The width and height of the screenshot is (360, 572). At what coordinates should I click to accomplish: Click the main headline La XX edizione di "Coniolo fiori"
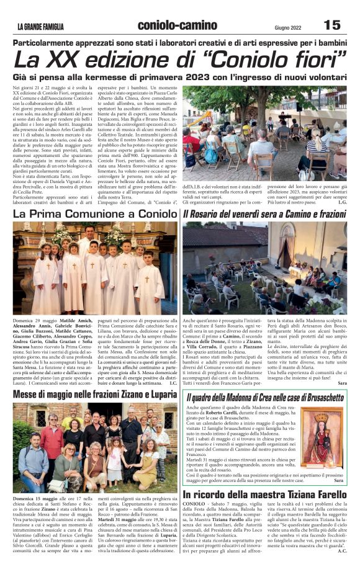tap(180, 60)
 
